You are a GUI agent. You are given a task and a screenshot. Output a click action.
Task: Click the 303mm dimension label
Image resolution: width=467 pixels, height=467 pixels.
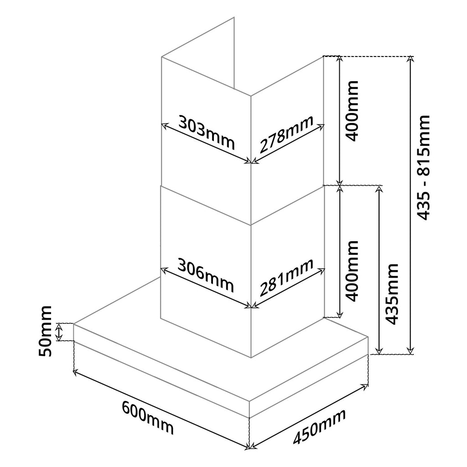(x=206, y=132)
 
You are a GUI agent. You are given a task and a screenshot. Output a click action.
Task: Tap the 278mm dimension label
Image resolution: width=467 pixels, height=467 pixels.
(x=286, y=135)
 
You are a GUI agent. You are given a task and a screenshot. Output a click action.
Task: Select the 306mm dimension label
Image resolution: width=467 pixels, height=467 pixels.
(x=206, y=275)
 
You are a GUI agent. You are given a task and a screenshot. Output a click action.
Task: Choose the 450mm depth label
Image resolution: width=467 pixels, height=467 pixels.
(x=319, y=426)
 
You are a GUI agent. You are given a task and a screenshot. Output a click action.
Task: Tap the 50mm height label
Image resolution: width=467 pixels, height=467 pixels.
(x=44, y=332)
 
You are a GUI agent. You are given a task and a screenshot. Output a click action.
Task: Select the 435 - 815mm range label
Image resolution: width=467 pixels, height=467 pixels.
(x=424, y=168)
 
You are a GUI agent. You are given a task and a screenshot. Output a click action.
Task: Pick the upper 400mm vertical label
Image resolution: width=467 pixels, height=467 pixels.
(x=352, y=111)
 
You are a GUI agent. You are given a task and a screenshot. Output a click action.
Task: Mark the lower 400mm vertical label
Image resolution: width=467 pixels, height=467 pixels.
(x=352, y=270)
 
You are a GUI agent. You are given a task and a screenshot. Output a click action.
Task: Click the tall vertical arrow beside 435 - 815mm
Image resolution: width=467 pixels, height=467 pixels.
(x=411, y=205)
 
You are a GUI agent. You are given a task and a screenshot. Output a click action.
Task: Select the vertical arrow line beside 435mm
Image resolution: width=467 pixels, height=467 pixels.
(x=378, y=269)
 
